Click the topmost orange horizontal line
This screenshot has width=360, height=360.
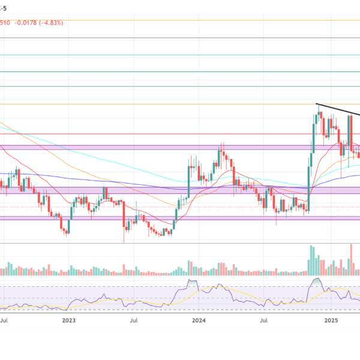point(180,20)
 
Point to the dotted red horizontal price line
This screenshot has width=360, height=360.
point(180,208)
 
